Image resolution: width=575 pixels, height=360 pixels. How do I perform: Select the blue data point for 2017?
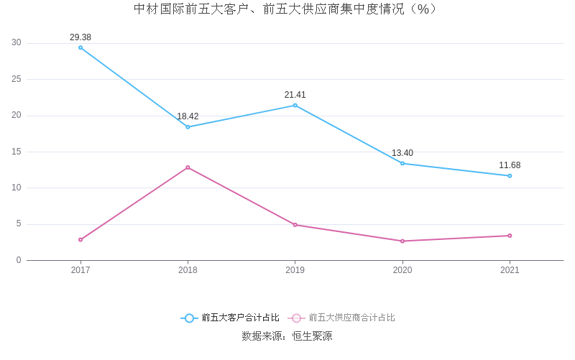coord(80,47)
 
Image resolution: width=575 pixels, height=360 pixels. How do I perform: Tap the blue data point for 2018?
coord(188,127)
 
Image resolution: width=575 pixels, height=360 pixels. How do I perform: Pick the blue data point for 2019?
coord(295,106)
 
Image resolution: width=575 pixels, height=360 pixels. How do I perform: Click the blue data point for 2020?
coord(402,163)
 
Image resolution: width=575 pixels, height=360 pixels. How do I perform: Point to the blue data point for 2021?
coord(510,176)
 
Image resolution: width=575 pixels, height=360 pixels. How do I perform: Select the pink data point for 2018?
coord(188,167)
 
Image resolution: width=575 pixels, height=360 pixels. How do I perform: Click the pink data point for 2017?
coord(80,240)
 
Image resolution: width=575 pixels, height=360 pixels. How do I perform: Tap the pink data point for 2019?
coord(295,225)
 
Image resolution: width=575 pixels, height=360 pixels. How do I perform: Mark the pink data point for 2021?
coord(510,236)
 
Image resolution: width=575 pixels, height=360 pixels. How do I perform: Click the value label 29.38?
coord(80,37)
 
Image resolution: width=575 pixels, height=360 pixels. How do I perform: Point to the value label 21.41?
coord(295,95)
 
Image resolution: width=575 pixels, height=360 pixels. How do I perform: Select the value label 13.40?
coord(402,153)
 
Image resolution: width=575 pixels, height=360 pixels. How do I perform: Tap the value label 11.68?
coord(510,165)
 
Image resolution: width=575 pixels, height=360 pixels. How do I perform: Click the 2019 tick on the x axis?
coord(295,270)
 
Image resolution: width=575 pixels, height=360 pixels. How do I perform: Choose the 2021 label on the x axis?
coord(510,270)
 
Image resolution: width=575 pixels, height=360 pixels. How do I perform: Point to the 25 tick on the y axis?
coord(17,79)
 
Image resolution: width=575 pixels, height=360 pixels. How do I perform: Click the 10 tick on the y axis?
coord(17,188)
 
